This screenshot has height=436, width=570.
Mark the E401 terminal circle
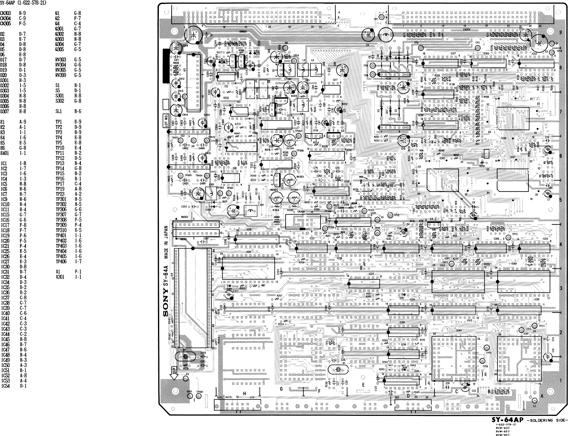(190, 396)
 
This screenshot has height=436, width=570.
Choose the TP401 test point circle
(199, 396)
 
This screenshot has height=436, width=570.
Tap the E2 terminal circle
(535, 401)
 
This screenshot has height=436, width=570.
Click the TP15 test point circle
(487, 347)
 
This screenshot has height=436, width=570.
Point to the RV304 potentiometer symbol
(290, 140)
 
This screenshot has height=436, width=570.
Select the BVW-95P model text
(503, 434)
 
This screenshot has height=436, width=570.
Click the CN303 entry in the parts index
(5, 13)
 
